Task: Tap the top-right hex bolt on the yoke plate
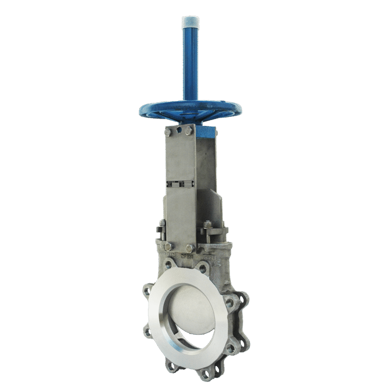pyautogui.click(x=189, y=131)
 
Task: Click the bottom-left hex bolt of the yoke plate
pyautogui.click(x=168, y=246)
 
